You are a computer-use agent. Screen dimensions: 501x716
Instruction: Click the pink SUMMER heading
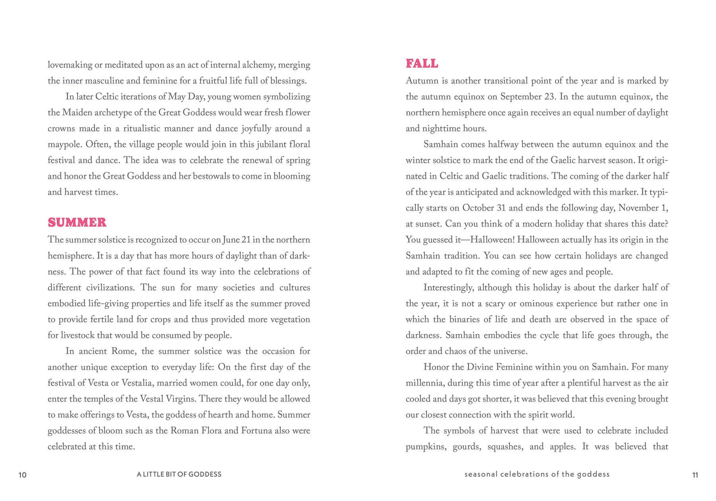point(77,222)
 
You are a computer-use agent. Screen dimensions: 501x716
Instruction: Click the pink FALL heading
point(422,64)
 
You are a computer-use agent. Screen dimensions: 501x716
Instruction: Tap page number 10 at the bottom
point(23,475)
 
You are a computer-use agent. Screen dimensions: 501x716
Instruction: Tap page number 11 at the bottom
point(695,475)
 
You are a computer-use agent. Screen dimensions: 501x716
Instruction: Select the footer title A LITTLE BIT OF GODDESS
point(179,474)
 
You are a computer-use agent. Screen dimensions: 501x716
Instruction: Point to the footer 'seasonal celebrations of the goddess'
point(537,474)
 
